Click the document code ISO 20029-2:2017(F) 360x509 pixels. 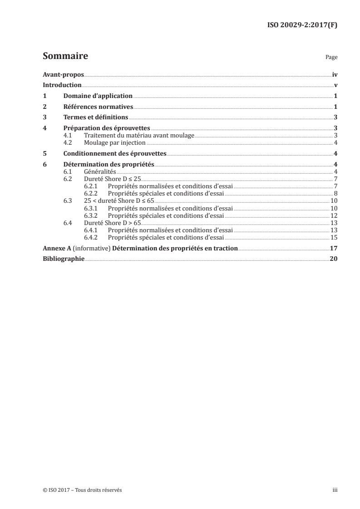(x=302, y=25)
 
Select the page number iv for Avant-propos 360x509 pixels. (x=335, y=74)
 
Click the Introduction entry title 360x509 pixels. (x=62, y=85)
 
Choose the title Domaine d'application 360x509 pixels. (x=98, y=96)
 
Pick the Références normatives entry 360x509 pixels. (x=98, y=107)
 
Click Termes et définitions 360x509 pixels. (x=96, y=117)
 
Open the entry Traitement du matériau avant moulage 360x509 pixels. (x=139, y=135)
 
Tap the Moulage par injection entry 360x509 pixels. (x=115, y=142)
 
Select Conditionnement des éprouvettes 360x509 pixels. (x=115, y=153)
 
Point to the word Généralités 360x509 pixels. (x=100, y=171)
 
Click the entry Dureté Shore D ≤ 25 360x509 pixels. (x=113, y=179)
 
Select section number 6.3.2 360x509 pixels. (x=91, y=215)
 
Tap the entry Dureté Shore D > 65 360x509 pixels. (x=113, y=222)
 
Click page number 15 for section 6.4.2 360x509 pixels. (x=334, y=237)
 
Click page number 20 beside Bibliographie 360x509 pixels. (x=334, y=259)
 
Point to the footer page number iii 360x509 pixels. (x=335, y=490)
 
